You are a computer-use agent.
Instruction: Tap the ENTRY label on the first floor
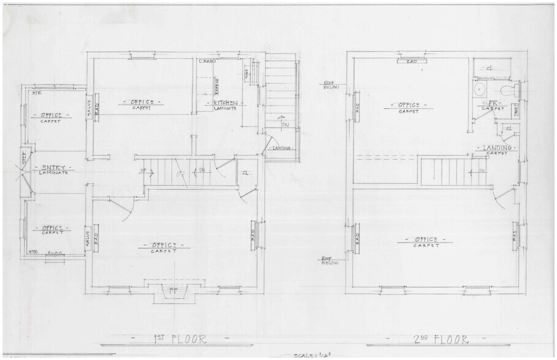click(50, 167)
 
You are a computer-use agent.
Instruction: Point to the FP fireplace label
click(173, 288)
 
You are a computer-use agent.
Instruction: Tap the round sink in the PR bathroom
click(480, 91)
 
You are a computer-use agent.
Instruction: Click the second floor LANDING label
click(497, 148)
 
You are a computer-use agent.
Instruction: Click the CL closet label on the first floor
click(245, 173)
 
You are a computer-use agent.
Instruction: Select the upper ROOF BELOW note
click(330, 84)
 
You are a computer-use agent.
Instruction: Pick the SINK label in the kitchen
click(247, 73)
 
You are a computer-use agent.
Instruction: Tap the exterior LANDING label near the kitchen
click(281, 148)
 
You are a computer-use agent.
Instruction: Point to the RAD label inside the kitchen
click(208, 61)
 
